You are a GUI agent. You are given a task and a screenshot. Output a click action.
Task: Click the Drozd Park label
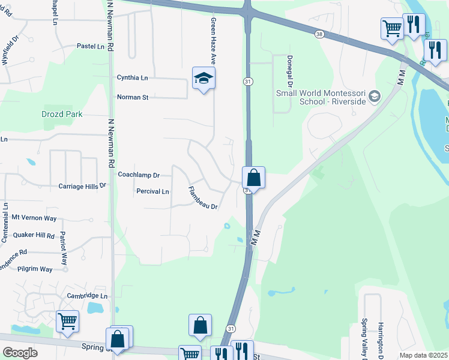tap(62, 114)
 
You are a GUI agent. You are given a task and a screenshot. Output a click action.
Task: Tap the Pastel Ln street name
tap(91, 46)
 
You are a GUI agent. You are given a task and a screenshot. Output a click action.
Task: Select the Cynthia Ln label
tap(132, 78)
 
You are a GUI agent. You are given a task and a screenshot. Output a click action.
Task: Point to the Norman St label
tap(133, 97)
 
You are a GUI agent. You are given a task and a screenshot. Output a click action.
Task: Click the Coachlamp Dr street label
tap(139, 175)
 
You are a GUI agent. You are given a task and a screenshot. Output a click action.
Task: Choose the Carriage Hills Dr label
tap(82, 187)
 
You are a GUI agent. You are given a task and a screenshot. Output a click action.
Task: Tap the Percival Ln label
tap(152, 191)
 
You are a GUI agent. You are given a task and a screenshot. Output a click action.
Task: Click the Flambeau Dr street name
tap(202, 198)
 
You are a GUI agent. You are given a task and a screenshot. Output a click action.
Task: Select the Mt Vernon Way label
tap(34, 217)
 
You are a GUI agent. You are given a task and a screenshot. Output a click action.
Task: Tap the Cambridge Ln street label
tap(87, 296)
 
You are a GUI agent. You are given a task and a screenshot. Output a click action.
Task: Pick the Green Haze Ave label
tap(213, 41)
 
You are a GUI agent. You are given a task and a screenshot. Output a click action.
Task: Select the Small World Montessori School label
tap(320, 97)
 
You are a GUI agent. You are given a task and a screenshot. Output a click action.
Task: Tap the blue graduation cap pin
tap(204, 78)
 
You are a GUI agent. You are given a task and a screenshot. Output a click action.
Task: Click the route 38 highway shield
tap(319, 35)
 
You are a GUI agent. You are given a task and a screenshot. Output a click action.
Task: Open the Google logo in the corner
tap(20, 353)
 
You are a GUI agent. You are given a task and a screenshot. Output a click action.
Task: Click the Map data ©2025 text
tap(423, 355)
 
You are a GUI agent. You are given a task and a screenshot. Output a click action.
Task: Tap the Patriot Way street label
tap(63, 249)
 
